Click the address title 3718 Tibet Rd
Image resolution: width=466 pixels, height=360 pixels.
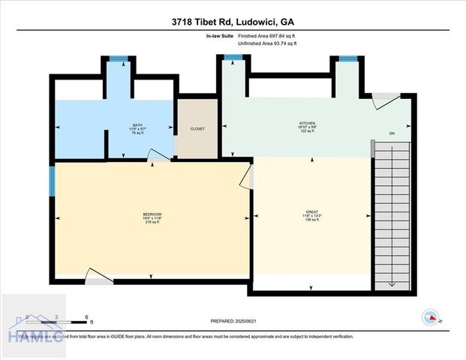point(233,22)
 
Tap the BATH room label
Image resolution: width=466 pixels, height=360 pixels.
point(137,125)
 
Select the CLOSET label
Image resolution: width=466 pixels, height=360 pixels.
point(197,128)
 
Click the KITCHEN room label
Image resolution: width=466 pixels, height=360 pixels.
point(308,123)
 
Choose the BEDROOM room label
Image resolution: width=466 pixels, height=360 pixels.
point(152,214)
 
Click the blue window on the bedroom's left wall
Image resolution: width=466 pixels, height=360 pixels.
point(53,181)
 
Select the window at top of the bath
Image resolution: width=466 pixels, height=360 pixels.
point(118,58)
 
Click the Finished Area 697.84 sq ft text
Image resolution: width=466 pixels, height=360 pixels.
point(268,36)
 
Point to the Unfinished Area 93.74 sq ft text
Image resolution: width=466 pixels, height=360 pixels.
point(266,43)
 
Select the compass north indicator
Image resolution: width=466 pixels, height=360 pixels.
point(431,316)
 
